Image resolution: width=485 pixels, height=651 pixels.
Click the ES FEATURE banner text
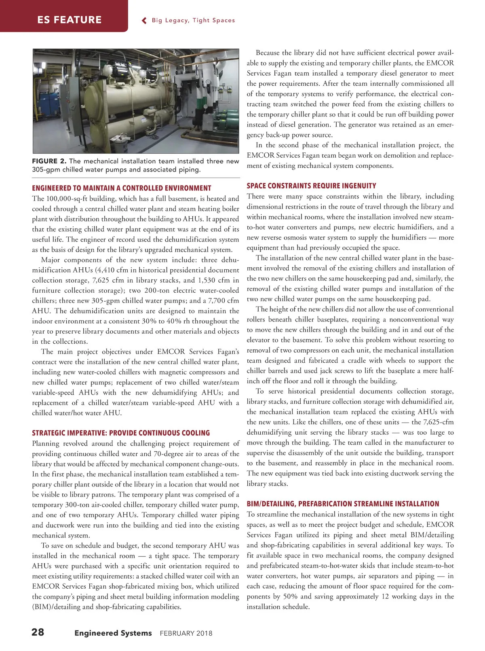pyautogui.click(x=69, y=20)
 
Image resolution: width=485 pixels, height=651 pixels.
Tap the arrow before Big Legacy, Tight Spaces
pyautogui.click(x=144, y=21)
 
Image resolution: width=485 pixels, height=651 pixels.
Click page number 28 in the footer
pyautogui.click(x=38, y=632)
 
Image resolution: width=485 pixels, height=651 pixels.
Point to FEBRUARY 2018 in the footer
pyautogui.click(x=186, y=633)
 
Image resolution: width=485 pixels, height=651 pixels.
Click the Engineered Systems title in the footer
pyautogui.click(x=113, y=633)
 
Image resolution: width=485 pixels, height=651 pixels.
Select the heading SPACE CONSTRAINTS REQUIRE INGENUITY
pyautogui.click(x=311, y=186)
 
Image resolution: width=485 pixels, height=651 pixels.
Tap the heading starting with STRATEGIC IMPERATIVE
pyautogui.click(x=121, y=433)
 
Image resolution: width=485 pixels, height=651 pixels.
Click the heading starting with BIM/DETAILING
pyautogui.click(x=343, y=504)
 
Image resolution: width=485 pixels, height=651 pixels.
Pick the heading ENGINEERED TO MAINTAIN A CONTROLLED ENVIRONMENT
pyautogui.click(x=121, y=188)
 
